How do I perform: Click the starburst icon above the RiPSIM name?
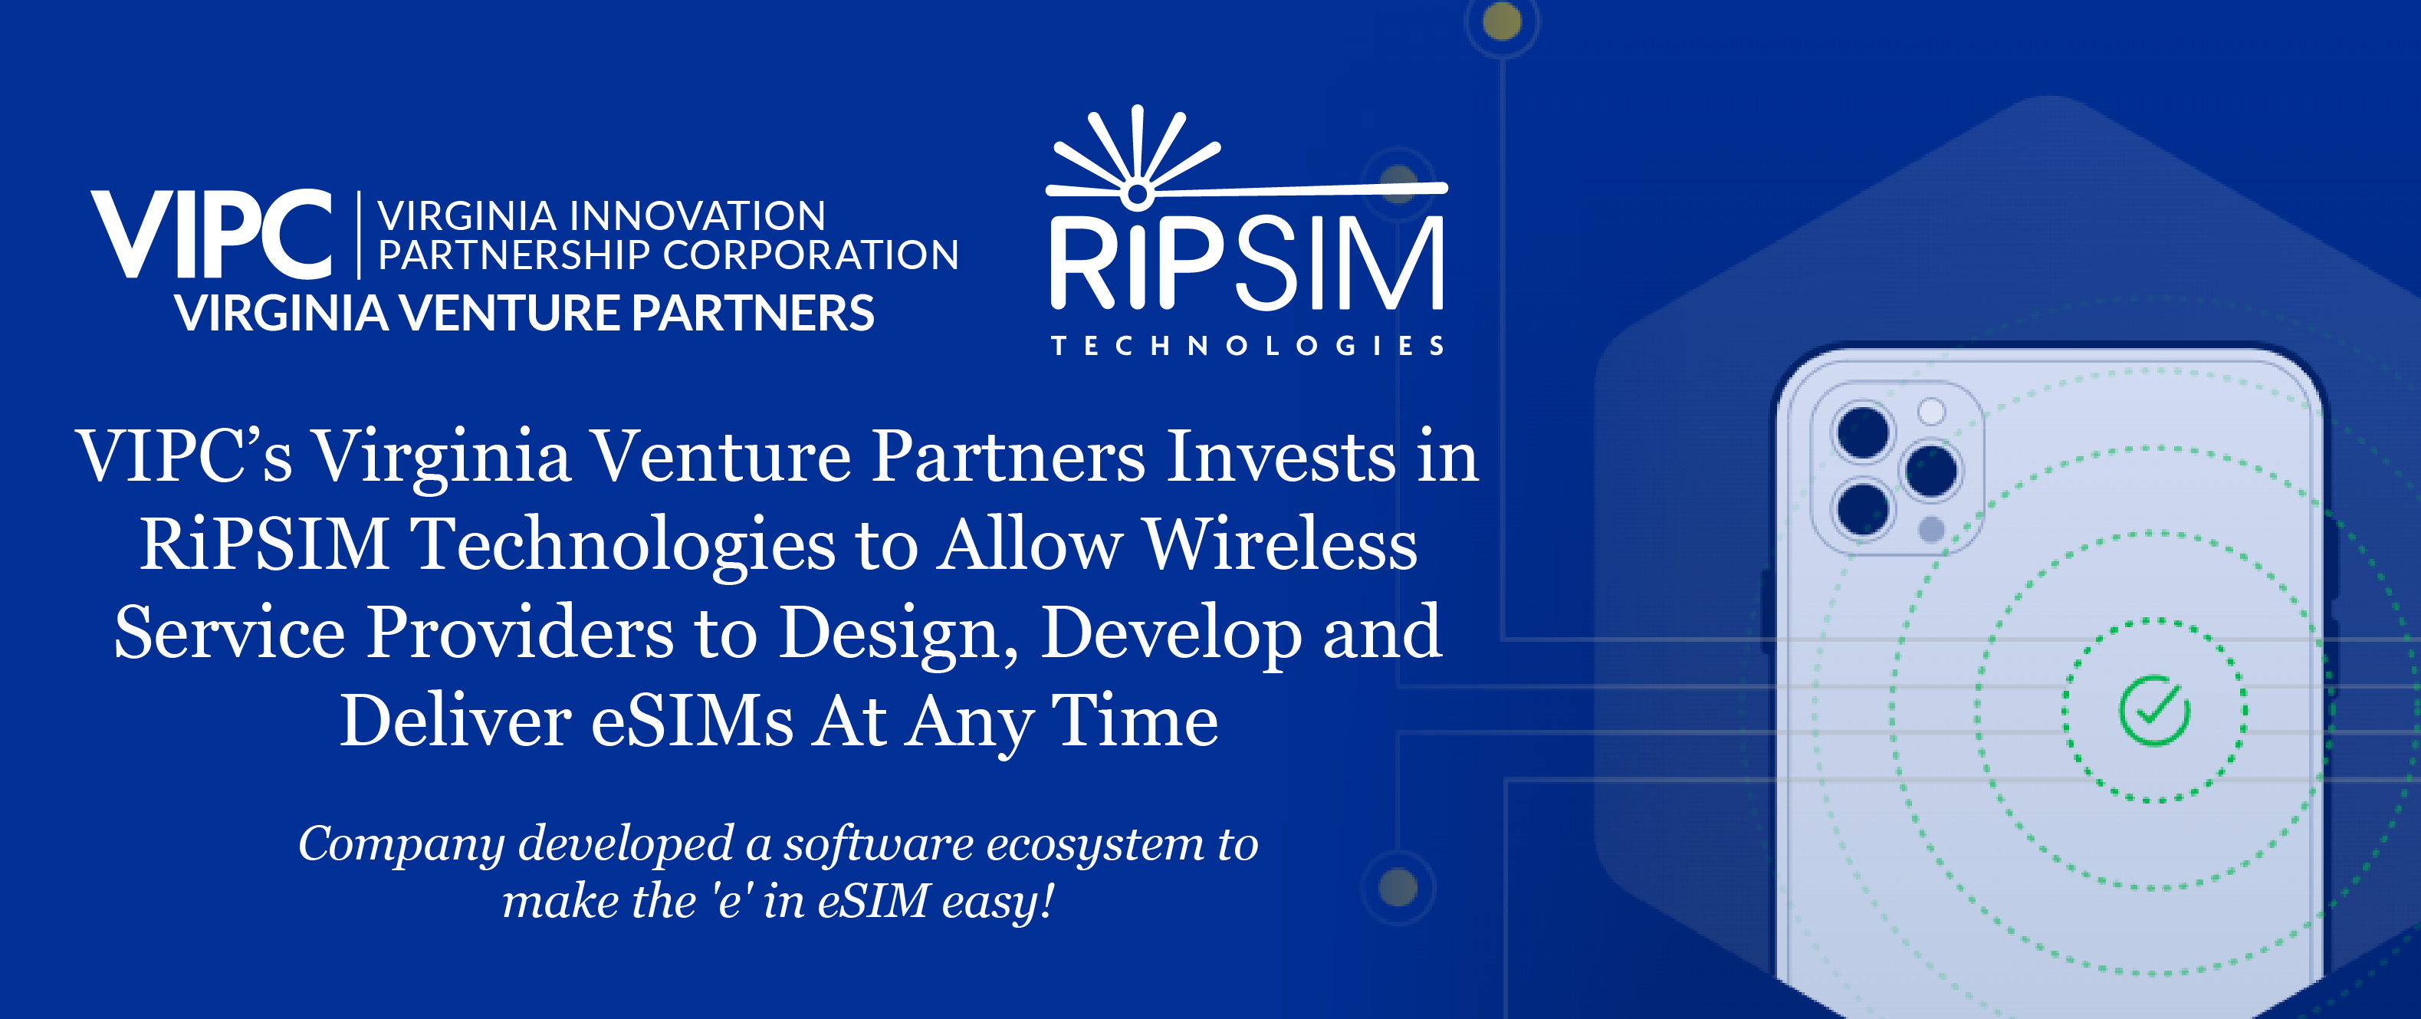click(x=1137, y=155)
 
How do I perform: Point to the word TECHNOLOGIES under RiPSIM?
click(x=1247, y=346)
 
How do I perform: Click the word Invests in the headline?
click(x=1280, y=457)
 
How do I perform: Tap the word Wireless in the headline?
click(x=1280, y=544)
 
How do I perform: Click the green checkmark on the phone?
click(x=2154, y=712)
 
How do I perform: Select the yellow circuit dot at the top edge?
click(x=1502, y=21)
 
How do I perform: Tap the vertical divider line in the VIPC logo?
click(x=359, y=235)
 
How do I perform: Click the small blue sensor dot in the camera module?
click(x=1931, y=530)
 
